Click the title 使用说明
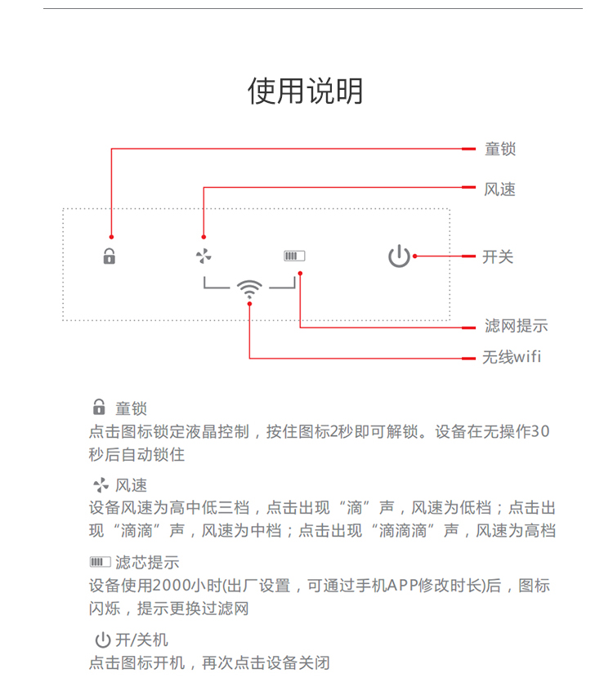pyautogui.click(x=306, y=91)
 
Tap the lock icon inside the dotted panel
pyautogui.click(x=110, y=256)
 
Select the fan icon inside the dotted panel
pyautogui.click(x=204, y=256)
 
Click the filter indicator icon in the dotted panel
pyautogui.click(x=294, y=256)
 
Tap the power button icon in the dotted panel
pyautogui.click(x=399, y=256)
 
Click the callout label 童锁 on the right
pyautogui.click(x=500, y=149)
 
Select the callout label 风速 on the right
pyautogui.click(x=500, y=189)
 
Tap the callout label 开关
pyautogui.click(x=499, y=256)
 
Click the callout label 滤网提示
pyautogui.click(x=516, y=325)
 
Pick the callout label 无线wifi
pyautogui.click(x=512, y=357)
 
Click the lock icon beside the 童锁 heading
pyautogui.click(x=99, y=407)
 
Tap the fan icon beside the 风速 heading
pyautogui.click(x=101, y=485)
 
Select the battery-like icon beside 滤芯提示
pyautogui.click(x=100, y=562)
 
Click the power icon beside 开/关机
pyautogui.click(x=103, y=640)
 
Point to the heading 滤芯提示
pyautogui.click(x=147, y=562)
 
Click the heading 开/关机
pyautogui.click(x=141, y=640)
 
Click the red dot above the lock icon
pyautogui.click(x=111, y=237)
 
